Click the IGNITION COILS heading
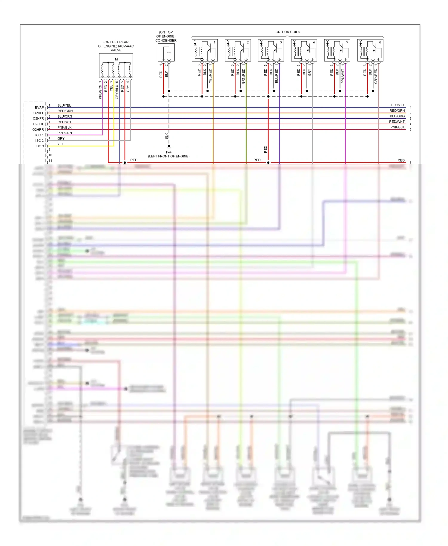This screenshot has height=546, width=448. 287,32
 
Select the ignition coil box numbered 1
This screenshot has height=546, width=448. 205,50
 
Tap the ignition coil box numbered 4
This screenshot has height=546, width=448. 304,50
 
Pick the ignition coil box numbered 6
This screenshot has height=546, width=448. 370,50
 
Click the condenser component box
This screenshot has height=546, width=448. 166,53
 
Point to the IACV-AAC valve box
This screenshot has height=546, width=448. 116,66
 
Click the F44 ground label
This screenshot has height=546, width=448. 169,152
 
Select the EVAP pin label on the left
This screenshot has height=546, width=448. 39,108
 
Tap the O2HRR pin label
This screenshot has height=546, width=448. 38,130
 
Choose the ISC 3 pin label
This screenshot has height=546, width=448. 40,146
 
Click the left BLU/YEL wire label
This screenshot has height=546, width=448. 64,105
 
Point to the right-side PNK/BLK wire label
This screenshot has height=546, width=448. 397,127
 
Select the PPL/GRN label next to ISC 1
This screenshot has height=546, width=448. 65,133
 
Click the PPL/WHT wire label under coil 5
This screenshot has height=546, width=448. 343,76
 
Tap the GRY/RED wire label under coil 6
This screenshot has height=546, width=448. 376,76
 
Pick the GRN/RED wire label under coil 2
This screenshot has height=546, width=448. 243,76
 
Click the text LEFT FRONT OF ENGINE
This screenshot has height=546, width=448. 169,156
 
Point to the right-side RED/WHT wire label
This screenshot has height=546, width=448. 397,122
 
